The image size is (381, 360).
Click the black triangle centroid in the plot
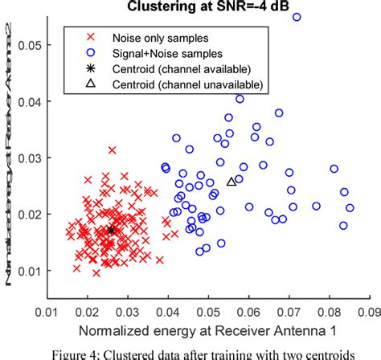pyautogui.click(x=231, y=182)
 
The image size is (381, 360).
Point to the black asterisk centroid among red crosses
pyautogui.click(x=112, y=230)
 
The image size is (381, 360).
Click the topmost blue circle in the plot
pyautogui.click(x=297, y=17)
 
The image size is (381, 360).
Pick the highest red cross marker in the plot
pyautogui.click(x=113, y=150)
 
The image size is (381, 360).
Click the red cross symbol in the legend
pyautogui.click(x=80, y=37)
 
